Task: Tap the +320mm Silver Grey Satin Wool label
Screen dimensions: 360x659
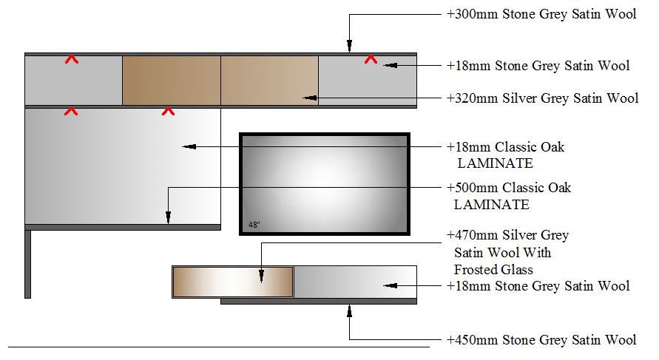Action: click(x=542, y=98)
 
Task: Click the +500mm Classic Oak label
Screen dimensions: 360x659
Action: click(x=509, y=188)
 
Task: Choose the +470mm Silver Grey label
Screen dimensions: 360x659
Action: click(x=508, y=235)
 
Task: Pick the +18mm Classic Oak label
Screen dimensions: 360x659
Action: click(x=506, y=146)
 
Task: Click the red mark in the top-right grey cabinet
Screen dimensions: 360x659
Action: click(x=371, y=58)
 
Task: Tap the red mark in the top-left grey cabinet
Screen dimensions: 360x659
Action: click(x=72, y=58)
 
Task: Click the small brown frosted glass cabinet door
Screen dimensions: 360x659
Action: click(x=232, y=282)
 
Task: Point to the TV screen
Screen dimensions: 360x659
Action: click(x=324, y=183)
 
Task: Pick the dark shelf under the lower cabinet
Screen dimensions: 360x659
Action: click(x=318, y=301)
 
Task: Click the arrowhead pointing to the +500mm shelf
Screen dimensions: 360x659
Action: click(x=169, y=217)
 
